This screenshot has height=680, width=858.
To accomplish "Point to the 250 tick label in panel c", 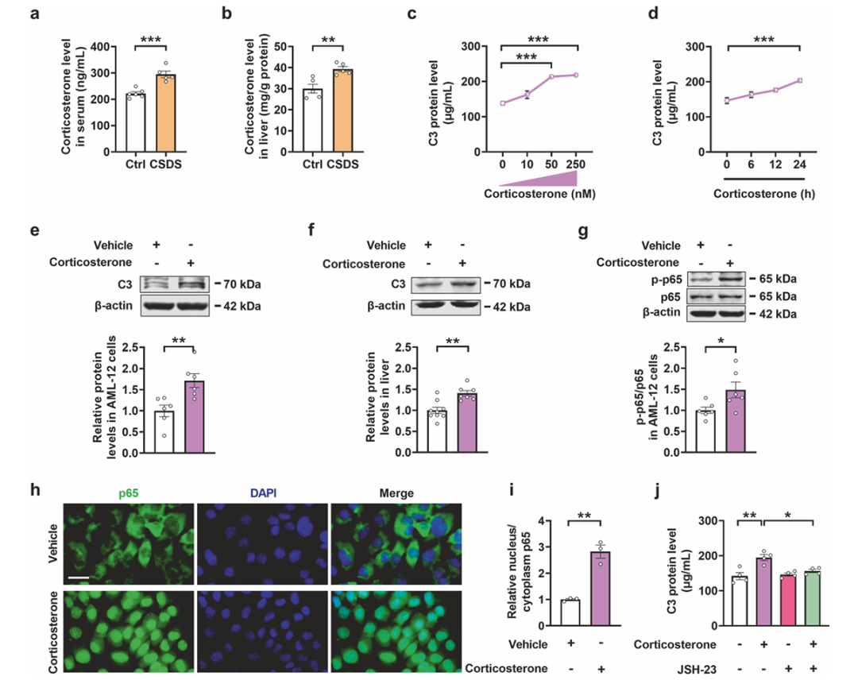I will pyautogui.click(x=578, y=164).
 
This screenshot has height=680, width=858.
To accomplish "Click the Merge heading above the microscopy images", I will pyautogui.click(x=395, y=493).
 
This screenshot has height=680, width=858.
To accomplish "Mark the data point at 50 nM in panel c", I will pyautogui.click(x=551, y=77).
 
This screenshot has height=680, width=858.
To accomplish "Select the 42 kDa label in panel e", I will pyautogui.click(x=242, y=307).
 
